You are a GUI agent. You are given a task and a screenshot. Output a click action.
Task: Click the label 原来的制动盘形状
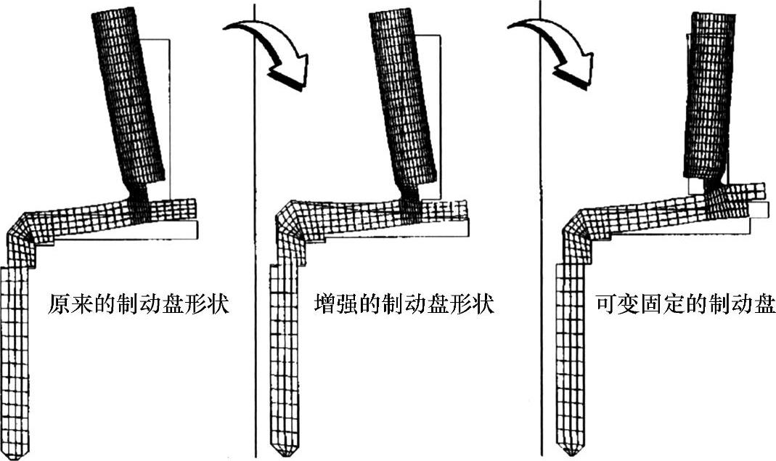click(x=139, y=303)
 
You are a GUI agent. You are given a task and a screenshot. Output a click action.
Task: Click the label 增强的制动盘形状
click(x=404, y=303)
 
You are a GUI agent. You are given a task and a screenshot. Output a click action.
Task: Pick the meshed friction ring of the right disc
click(x=706, y=94)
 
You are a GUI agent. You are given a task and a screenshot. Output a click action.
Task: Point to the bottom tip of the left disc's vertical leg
click(x=16, y=453)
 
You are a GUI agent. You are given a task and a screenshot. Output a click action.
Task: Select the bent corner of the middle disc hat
click(x=290, y=225)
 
